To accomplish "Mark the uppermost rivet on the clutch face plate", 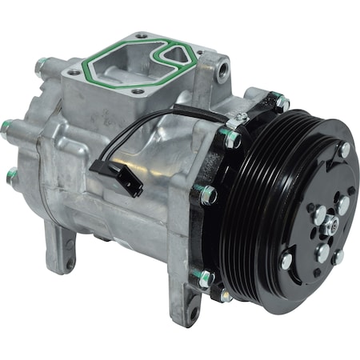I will point(345,150).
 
